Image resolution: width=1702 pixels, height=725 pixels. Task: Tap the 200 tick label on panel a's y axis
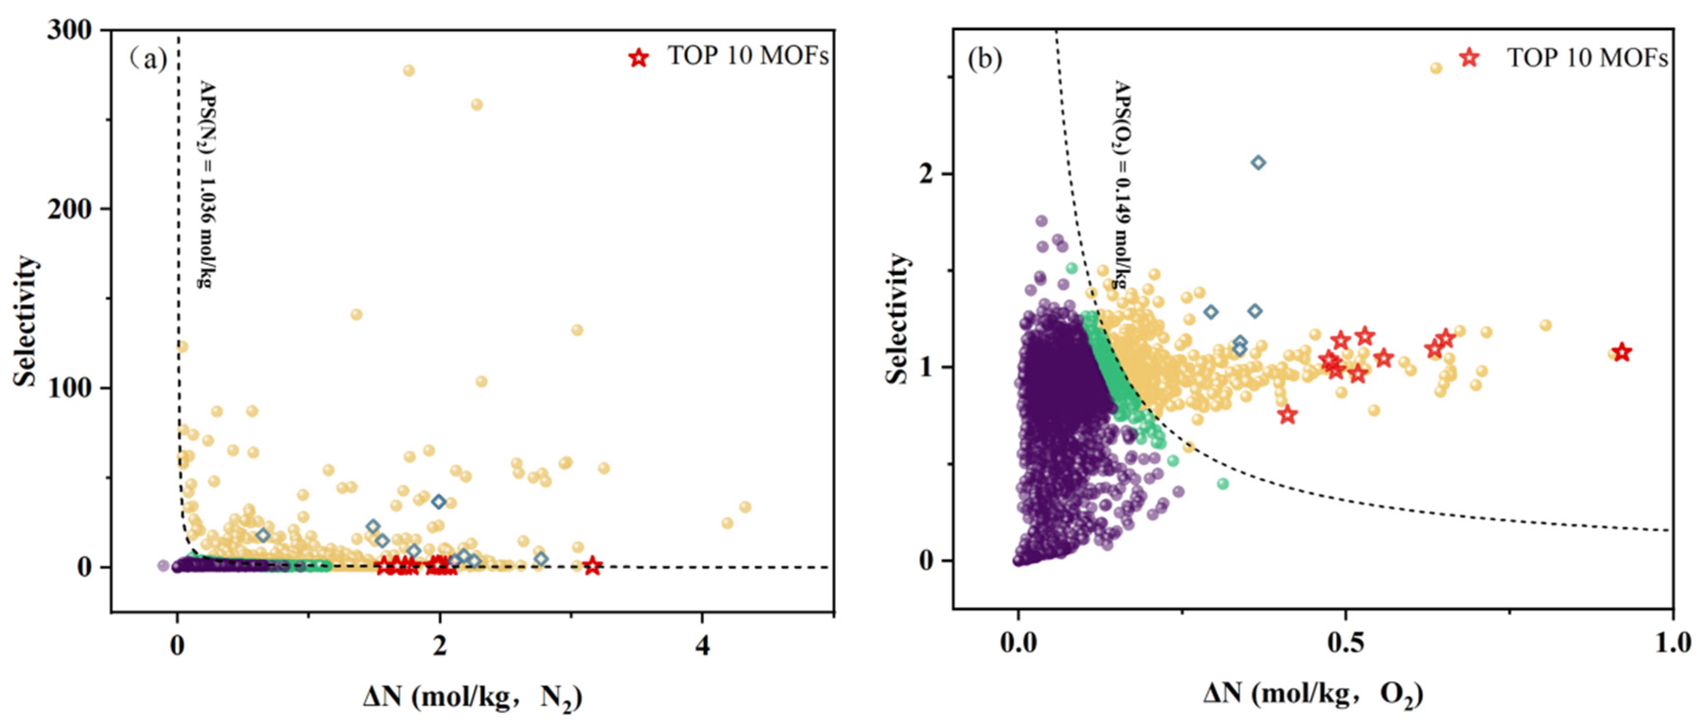(x=69, y=208)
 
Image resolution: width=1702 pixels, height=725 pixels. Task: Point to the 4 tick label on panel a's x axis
(x=702, y=644)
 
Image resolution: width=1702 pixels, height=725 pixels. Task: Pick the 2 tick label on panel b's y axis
(x=928, y=174)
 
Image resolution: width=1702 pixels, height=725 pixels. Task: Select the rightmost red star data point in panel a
(x=592, y=566)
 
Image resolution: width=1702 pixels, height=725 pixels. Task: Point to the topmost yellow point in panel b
(x=1436, y=68)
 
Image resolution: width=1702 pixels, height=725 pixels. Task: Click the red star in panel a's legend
(x=638, y=58)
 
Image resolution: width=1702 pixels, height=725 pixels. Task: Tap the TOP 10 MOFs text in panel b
(x=1587, y=58)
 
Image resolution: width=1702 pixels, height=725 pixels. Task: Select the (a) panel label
(x=149, y=60)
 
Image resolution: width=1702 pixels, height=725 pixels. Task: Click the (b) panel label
(x=984, y=60)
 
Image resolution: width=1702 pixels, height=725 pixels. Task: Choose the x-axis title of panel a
(x=472, y=698)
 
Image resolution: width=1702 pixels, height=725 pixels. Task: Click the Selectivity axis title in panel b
(x=897, y=319)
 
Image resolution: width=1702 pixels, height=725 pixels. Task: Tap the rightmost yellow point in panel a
(x=745, y=507)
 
